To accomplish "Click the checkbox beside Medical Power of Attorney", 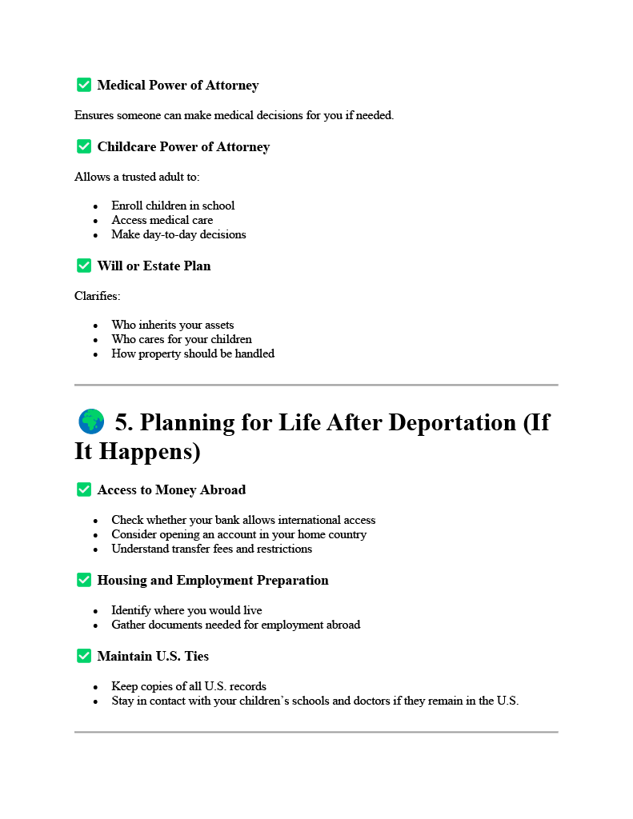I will pyautogui.click(x=83, y=85).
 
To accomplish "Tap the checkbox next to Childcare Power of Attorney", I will pyautogui.click(x=83, y=146).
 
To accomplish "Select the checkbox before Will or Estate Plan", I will pyautogui.click(x=83, y=266).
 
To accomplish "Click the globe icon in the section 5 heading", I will pyautogui.click(x=91, y=421).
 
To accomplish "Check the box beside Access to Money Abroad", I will pyautogui.click(x=83, y=489).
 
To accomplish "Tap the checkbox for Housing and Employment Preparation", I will pyautogui.click(x=83, y=580).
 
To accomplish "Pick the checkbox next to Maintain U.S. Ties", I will pyautogui.click(x=83, y=656).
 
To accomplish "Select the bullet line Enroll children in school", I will pyautogui.click(x=173, y=206).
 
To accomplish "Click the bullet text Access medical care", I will pyautogui.click(x=162, y=220).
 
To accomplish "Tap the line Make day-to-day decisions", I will pyautogui.click(x=178, y=234).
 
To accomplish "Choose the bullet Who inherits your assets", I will pyautogui.click(x=172, y=325).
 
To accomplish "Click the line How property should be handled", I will pyautogui.click(x=192, y=354).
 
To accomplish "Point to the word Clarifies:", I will pyautogui.click(x=97, y=296).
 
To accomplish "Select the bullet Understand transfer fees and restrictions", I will pyautogui.click(x=211, y=549).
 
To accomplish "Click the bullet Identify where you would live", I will pyautogui.click(x=186, y=610).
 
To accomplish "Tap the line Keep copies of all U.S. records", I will pyautogui.click(x=188, y=686).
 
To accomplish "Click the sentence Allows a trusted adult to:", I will pyautogui.click(x=137, y=177).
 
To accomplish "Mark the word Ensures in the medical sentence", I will pyautogui.click(x=94, y=115).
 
